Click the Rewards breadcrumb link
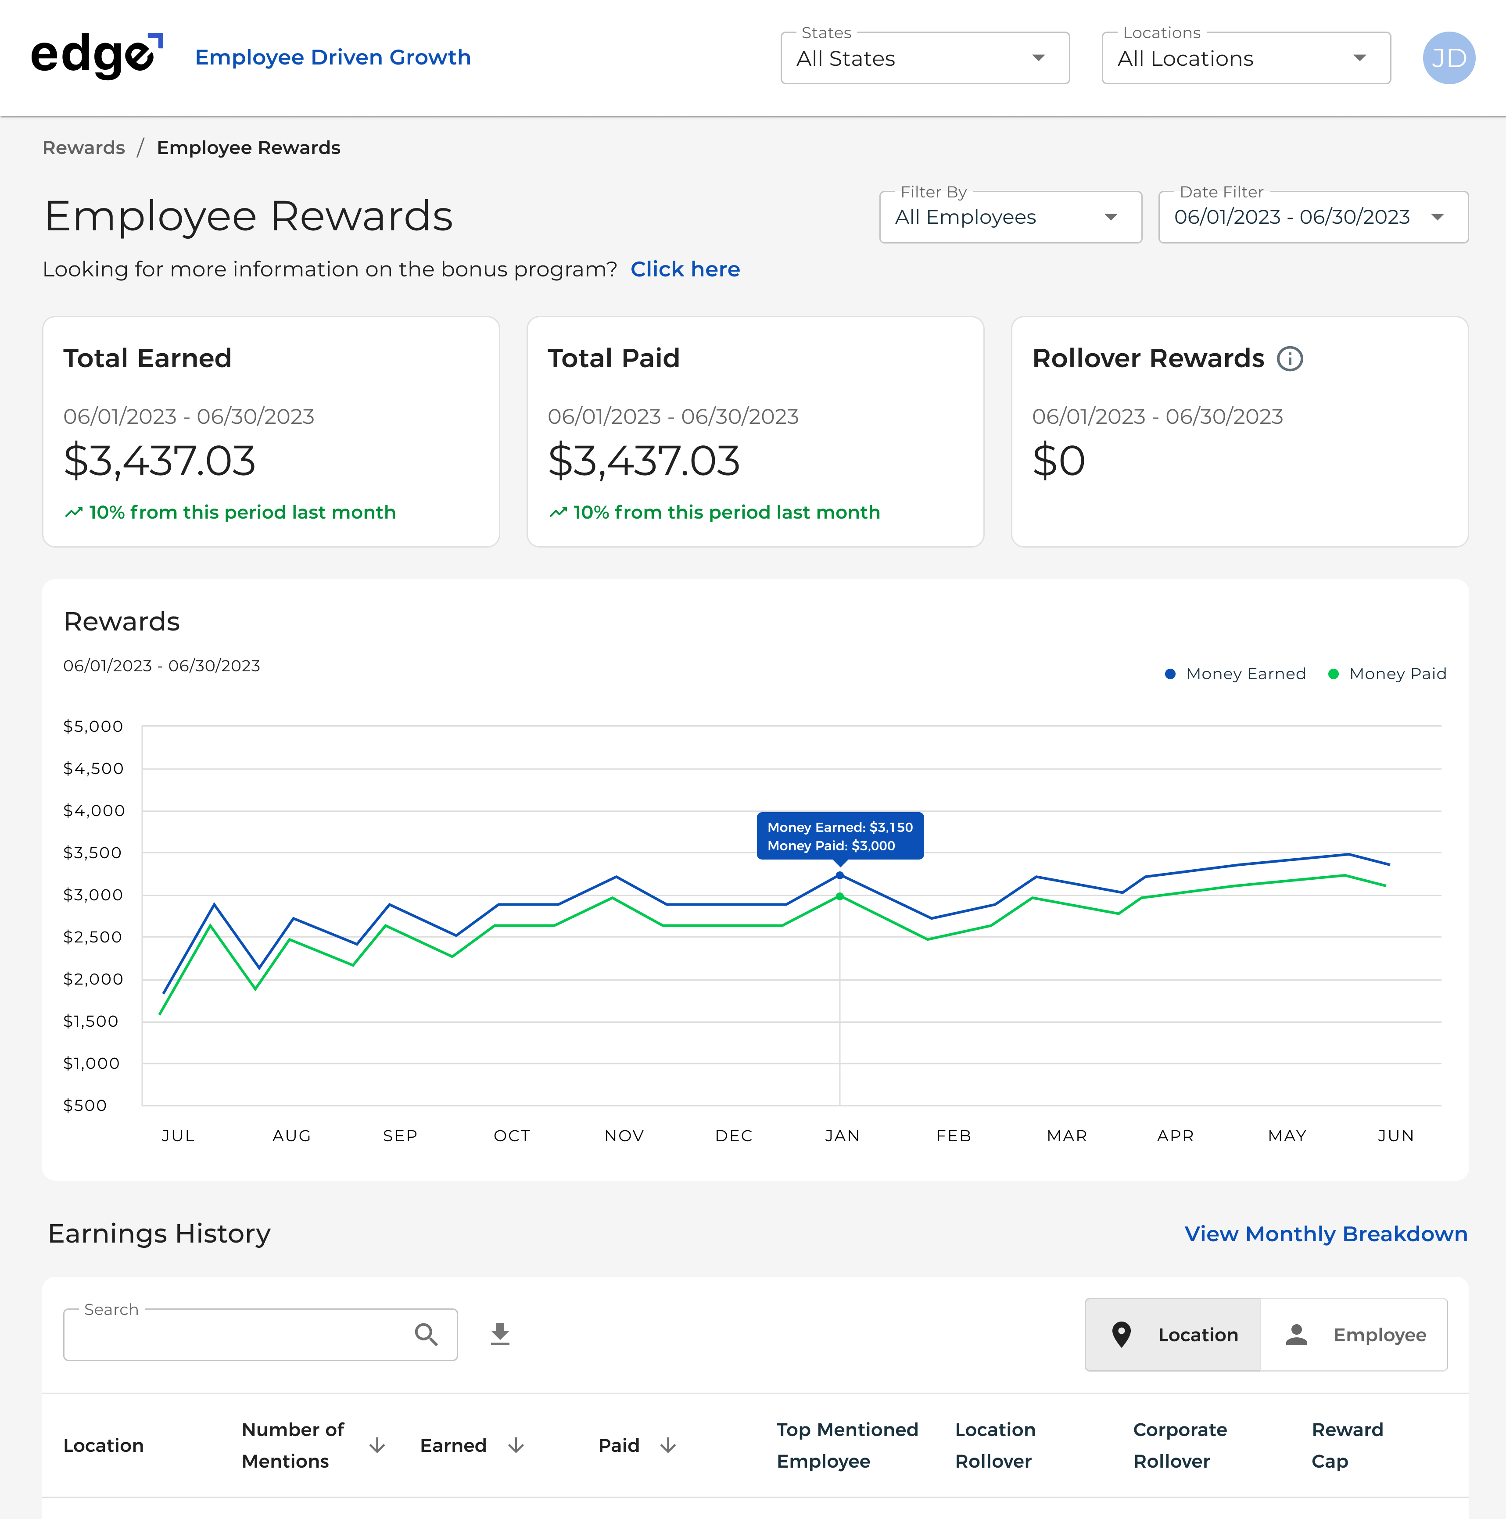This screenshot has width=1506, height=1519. click(x=83, y=148)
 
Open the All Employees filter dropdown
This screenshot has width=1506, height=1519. click(x=1010, y=217)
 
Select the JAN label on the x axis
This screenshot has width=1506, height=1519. click(x=842, y=1136)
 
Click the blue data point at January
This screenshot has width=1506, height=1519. click(x=840, y=875)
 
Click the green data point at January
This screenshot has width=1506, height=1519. click(x=840, y=896)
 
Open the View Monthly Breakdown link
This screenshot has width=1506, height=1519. click(x=1325, y=1234)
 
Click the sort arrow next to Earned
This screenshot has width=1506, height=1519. click(x=516, y=1445)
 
